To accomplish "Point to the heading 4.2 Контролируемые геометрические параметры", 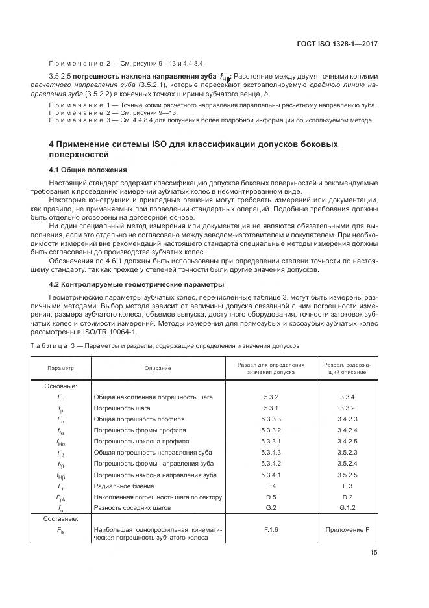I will (137, 284).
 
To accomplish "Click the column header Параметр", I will (60, 368).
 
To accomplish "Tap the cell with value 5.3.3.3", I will (271, 419).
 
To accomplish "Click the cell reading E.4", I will (271, 486).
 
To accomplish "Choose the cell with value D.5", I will (271, 497).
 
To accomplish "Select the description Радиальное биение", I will (124, 486).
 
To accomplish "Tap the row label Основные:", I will (60, 385).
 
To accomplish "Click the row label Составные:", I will (62, 519).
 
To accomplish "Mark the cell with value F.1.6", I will (271, 530).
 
